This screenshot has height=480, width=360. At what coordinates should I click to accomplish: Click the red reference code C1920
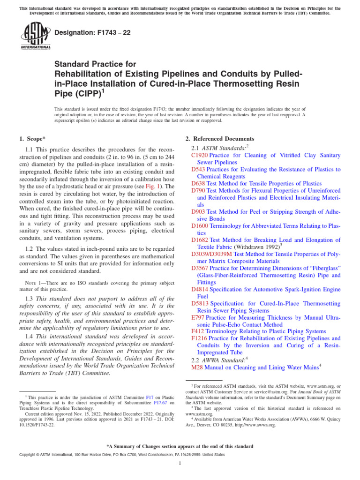tap(200, 155)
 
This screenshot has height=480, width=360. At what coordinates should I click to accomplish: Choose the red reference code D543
tap(198, 169)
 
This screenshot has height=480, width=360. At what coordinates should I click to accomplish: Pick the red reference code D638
tap(198, 183)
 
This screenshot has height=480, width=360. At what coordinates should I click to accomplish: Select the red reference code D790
tap(198, 191)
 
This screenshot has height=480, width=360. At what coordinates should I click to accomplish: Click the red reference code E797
tap(198, 317)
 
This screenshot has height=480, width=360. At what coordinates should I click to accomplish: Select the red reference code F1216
tap(200, 338)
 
